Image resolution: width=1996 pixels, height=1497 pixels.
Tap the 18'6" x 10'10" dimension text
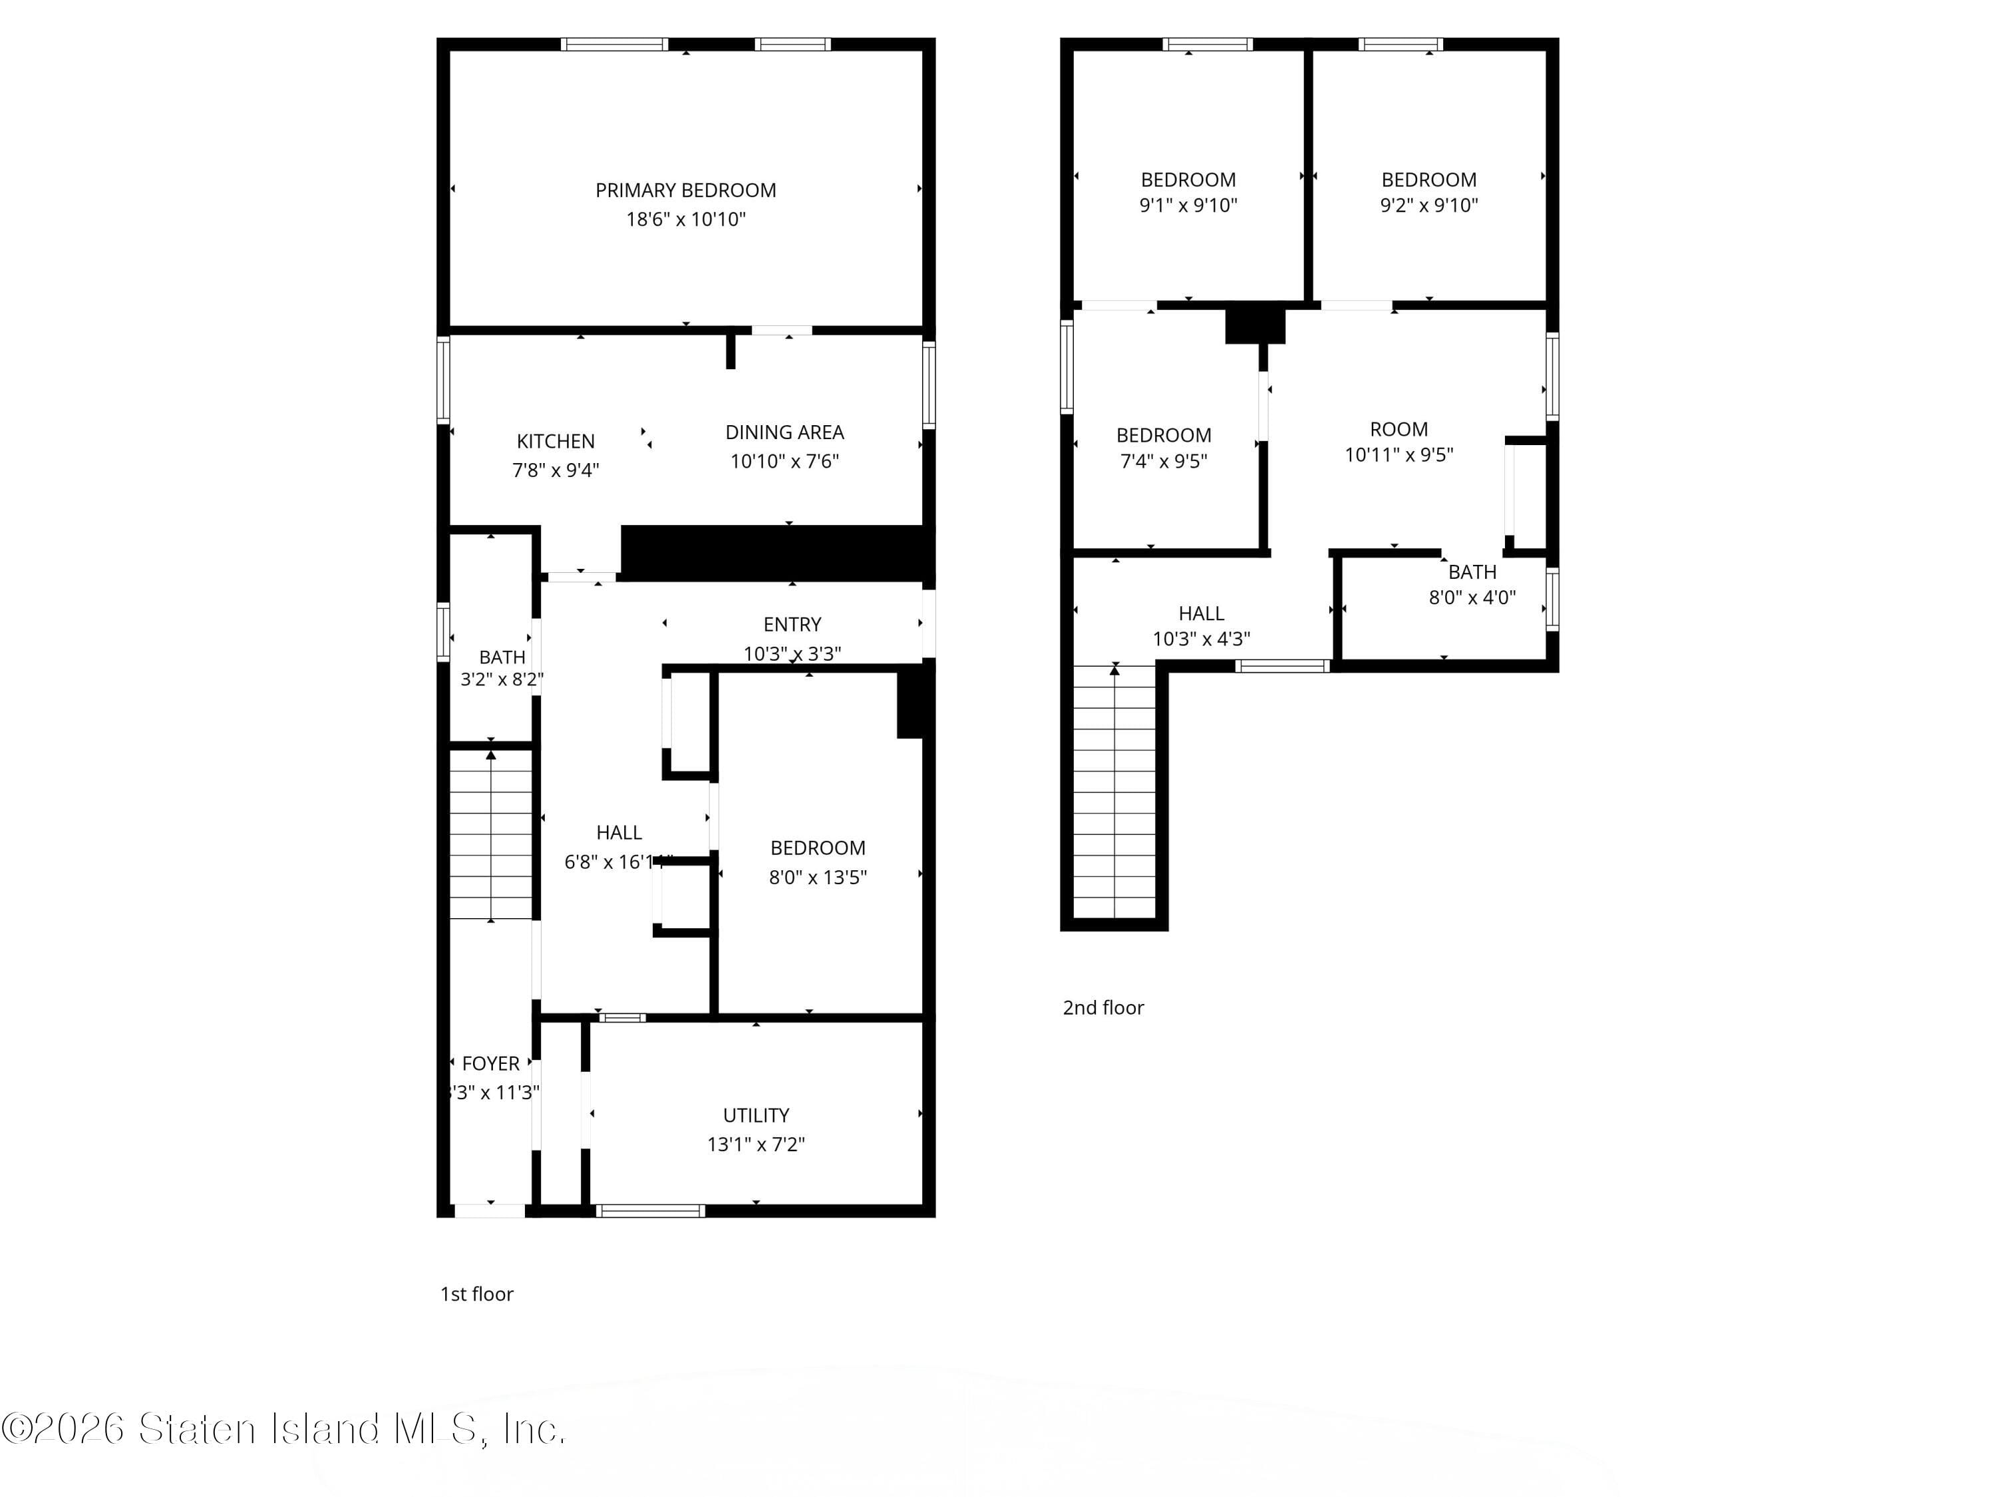pos(686,220)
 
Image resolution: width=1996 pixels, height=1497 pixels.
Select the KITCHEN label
pos(555,441)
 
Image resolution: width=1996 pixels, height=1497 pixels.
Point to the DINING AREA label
pos(784,432)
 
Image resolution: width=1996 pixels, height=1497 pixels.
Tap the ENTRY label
pos(792,625)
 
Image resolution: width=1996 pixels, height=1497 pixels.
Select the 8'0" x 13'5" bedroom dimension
pos(818,877)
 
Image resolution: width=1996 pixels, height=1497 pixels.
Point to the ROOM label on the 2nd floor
pos(1399,430)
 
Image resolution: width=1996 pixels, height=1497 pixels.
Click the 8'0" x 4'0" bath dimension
pos(1472,597)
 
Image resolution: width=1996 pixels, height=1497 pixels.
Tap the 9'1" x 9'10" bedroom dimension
pos(1188,206)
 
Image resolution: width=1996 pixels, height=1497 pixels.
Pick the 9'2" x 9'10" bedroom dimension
pos(1428,206)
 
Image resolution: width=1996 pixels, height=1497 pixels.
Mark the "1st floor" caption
pos(476,1294)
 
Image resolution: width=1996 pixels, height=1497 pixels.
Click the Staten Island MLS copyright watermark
pos(283,1428)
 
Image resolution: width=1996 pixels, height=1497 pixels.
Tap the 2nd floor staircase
pos(1114,794)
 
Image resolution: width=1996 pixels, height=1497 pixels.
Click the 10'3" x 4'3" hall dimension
pos(1201,639)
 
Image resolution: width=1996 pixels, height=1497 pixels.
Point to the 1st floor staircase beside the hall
pos(491,835)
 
